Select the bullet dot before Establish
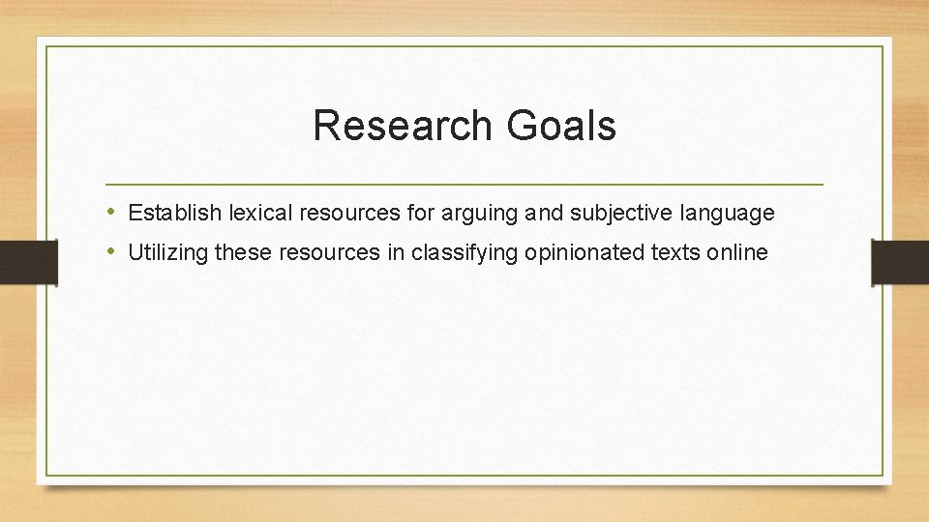[x=112, y=212]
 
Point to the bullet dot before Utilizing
[x=112, y=252]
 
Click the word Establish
[x=174, y=212]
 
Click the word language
[x=727, y=213]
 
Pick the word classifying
[x=464, y=253]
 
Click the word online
[x=737, y=253]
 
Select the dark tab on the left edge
[x=28, y=262]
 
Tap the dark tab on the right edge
[x=900, y=262]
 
